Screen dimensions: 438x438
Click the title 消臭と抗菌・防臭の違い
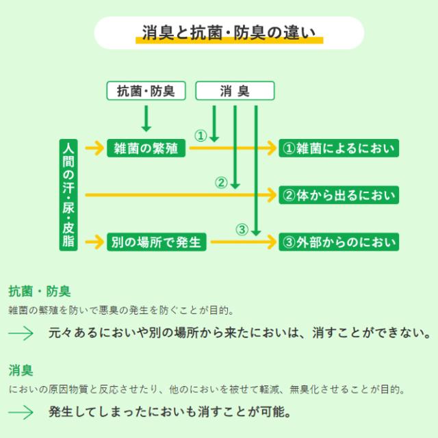[x=229, y=32]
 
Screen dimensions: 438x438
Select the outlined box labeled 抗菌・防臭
[x=146, y=91]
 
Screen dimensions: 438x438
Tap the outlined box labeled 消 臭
[x=235, y=91]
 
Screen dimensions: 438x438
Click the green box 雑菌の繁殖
[x=147, y=148]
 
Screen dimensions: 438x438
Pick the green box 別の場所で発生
[x=157, y=242]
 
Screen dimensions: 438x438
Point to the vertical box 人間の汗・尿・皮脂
[x=68, y=195]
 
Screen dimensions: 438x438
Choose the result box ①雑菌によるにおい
[x=338, y=148]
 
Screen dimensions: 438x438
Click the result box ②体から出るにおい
[x=338, y=195]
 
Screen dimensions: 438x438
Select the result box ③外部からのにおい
[x=338, y=242]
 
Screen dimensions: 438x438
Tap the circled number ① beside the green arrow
[x=201, y=136]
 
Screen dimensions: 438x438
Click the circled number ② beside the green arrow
[x=220, y=182]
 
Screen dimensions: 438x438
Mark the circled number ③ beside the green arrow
[x=241, y=229]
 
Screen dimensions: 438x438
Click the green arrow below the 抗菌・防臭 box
[x=146, y=117]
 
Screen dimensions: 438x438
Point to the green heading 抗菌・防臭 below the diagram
[x=39, y=292]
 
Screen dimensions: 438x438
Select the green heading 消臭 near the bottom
[x=21, y=372]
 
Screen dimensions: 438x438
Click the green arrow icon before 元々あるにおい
[x=21, y=333]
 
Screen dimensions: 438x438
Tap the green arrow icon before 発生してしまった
[x=21, y=413]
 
